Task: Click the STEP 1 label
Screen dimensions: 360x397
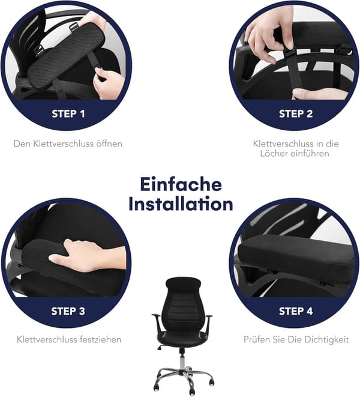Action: coord(68,114)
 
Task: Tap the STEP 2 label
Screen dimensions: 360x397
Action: coord(296,114)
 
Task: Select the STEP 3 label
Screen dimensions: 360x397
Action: coord(68,311)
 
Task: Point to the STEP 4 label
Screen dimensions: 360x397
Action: coord(296,311)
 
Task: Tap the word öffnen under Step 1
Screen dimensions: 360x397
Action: coord(109,144)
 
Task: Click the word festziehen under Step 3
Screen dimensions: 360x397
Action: coord(101,339)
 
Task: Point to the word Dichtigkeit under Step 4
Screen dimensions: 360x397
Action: coord(326,339)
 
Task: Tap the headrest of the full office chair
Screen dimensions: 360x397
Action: coord(183,283)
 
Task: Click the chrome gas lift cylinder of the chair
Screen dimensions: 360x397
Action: coord(182,361)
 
